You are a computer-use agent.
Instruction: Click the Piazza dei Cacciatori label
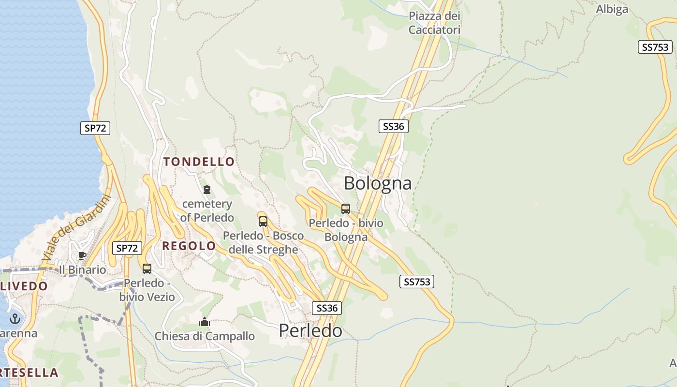coord(434,23)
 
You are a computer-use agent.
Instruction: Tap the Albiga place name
coord(612,9)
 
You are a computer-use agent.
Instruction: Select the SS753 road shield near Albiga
coord(655,47)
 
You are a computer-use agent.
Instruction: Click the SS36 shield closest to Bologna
coord(393,126)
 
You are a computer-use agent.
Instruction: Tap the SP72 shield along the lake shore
coord(95,128)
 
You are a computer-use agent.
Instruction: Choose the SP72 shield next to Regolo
coord(127,248)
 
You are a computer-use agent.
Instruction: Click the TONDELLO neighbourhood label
coord(199,162)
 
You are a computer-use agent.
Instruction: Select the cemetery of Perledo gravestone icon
coord(207,189)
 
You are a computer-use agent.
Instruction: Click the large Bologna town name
coord(378,183)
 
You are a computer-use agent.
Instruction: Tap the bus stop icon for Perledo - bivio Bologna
coord(345,209)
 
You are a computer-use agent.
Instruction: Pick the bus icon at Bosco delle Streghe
coord(263,222)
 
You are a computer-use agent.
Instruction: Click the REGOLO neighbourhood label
coord(189,246)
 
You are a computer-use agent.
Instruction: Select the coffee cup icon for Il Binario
coord(82,255)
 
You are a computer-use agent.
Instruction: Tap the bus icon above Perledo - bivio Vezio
coord(147,268)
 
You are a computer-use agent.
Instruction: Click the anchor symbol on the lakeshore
coord(15,318)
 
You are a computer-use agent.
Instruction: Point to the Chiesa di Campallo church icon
coord(205,322)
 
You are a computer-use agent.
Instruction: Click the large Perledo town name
coord(310,330)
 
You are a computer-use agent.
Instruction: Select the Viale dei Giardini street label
coord(76,228)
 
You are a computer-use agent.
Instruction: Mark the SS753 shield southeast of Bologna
coord(416,282)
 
